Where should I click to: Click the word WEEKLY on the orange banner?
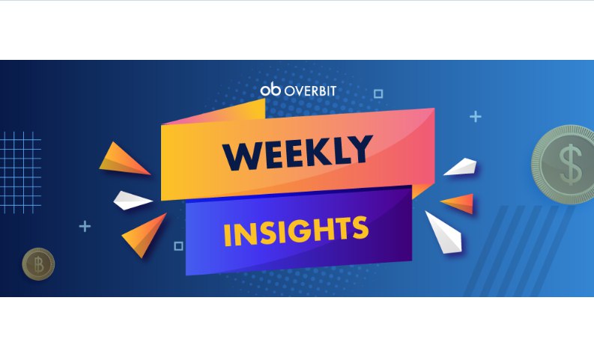pos(298,152)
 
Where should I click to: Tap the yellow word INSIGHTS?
pos(296,231)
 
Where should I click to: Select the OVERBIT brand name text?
pos(310,91)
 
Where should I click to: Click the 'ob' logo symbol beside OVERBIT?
pos(270,90)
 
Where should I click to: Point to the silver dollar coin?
pos(563,165)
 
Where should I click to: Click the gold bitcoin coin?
pos(38,264)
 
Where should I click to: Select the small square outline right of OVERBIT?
pos(378,94)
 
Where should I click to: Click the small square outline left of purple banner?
pos(178,246)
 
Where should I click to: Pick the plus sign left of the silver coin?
pos(476,117)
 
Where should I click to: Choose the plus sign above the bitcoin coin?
pos(85,226)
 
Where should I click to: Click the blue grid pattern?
pos(20,173)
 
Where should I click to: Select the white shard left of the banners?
pos(132,201)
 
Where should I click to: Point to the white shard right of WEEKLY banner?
pos(461,167)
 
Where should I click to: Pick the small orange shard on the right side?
pos(458,203)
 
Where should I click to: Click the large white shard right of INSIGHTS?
pos(444,232)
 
